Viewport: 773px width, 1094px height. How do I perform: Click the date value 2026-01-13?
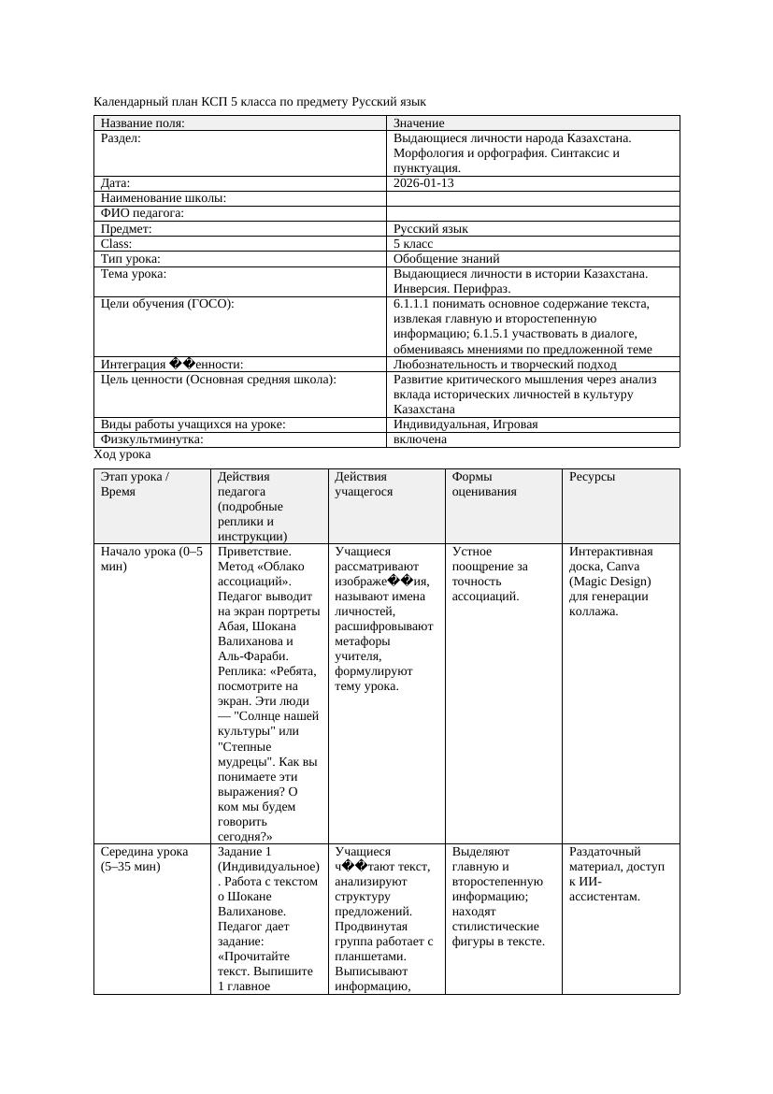(423, 183)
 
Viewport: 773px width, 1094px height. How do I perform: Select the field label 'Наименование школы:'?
(164, 198)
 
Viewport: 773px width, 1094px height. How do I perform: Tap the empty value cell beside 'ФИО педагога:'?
(532, 213)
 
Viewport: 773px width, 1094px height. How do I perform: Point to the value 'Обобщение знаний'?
(446, 258)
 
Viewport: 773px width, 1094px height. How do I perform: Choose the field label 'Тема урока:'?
(134, 274)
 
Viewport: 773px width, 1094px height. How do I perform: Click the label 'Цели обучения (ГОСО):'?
(167, 304)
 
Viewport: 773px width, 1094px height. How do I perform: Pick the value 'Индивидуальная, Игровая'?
(465, 425)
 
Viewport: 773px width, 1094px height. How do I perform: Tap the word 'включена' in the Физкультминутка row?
(420, 439)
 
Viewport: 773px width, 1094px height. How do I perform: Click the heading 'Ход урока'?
(122, 454)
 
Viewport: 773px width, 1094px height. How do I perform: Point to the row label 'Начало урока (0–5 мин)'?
(151, 558)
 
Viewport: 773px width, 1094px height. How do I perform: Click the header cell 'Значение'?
(419, 123)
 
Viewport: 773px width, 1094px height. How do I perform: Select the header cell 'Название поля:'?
(142, 123)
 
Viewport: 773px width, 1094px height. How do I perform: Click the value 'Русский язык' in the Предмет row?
(431, 228)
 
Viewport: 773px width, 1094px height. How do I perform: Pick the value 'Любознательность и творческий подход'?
(505, 364)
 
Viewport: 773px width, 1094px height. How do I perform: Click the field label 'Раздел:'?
(121, 138)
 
